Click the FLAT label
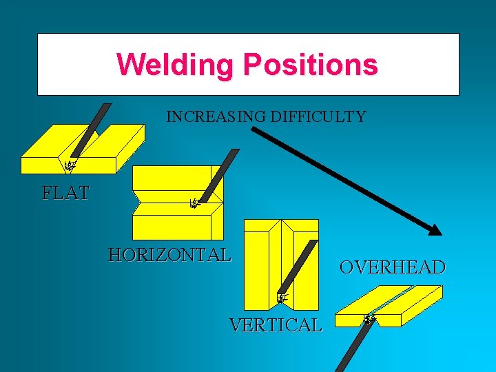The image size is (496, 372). coord(65,194)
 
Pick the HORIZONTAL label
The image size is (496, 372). coord(169,255)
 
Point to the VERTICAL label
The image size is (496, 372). coord(276,324)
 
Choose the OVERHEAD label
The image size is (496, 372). coord(392,267)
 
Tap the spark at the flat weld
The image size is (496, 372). coord(69,165)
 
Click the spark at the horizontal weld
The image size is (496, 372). coord(194,203)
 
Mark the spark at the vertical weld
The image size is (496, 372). coord(281,298)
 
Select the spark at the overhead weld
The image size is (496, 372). coord(369,319)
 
